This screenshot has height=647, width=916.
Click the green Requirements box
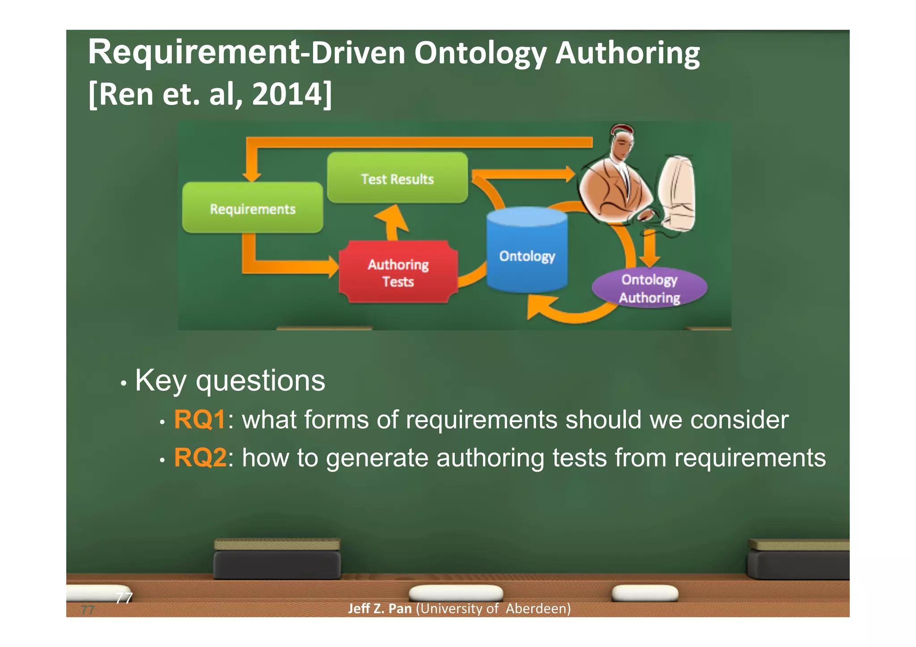[x=252, y=208]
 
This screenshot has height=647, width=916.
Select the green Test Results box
[x=397, y=178]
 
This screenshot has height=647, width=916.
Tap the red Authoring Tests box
[x=398, y=272]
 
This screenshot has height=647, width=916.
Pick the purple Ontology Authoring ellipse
[x=649, y=288]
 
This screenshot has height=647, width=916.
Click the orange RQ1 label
[x=200, y=419]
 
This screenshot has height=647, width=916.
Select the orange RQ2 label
[x=200, y=458]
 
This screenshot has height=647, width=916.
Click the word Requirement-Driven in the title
[x=246, y=53]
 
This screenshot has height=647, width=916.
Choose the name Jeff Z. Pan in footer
[x=380, y=609]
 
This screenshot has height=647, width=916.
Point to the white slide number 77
[x=124, y=598]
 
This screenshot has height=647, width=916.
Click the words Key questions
[x=230, y=381]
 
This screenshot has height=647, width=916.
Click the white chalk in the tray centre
[x=455, y=593]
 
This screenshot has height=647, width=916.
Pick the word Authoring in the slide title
[x=627, y=53]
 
